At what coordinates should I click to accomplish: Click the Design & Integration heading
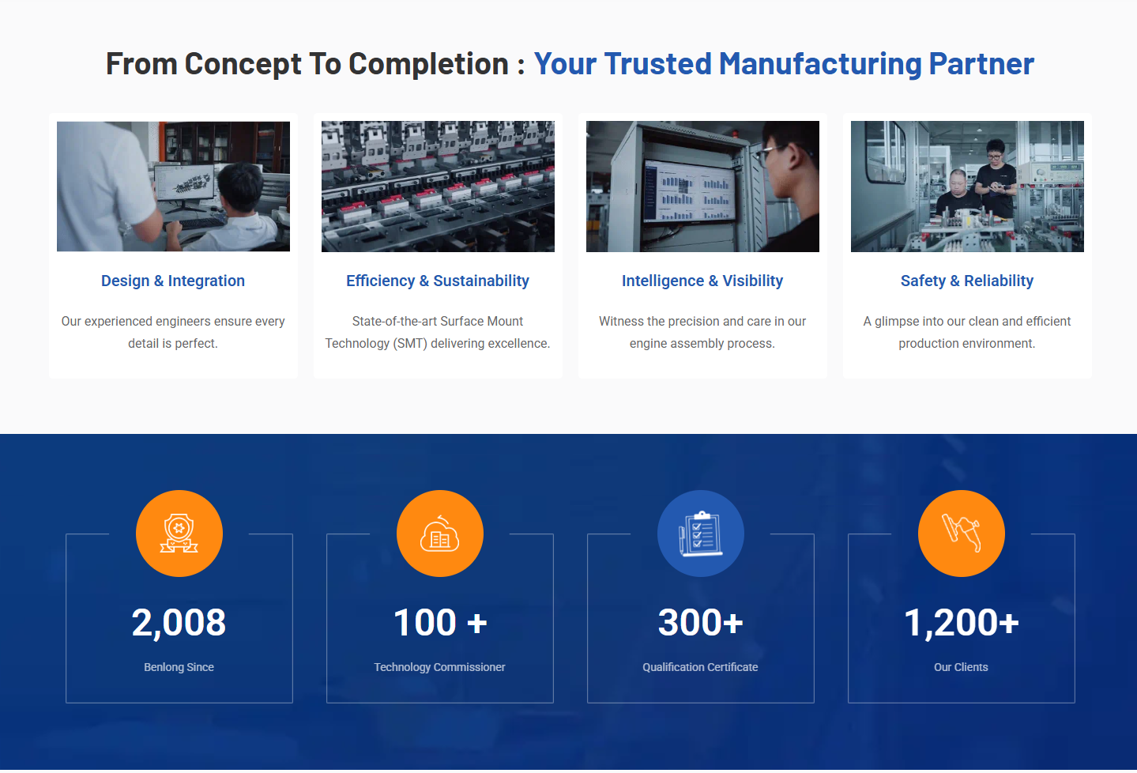[173, 281]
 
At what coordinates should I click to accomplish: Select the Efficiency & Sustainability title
[437, 281]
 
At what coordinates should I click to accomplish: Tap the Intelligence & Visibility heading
[702, 281]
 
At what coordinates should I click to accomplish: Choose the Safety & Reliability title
[966, 281]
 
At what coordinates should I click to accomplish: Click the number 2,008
[179, 623]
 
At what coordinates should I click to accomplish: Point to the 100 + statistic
[439, 623]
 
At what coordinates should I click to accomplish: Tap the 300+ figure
[700, 623]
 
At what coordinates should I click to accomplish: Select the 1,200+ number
[961, 623]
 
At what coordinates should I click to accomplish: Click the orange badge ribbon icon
[179, 534]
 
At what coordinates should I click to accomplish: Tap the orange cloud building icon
[440, 534]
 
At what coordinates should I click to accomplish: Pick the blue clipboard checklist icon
[701, 534]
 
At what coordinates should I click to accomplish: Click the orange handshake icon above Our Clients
[962, 534]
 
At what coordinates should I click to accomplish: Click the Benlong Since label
[179, 667]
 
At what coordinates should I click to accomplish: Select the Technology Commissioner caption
[439, 667]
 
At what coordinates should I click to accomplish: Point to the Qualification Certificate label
[700, 667]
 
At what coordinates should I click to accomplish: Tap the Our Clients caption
[961, 667]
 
